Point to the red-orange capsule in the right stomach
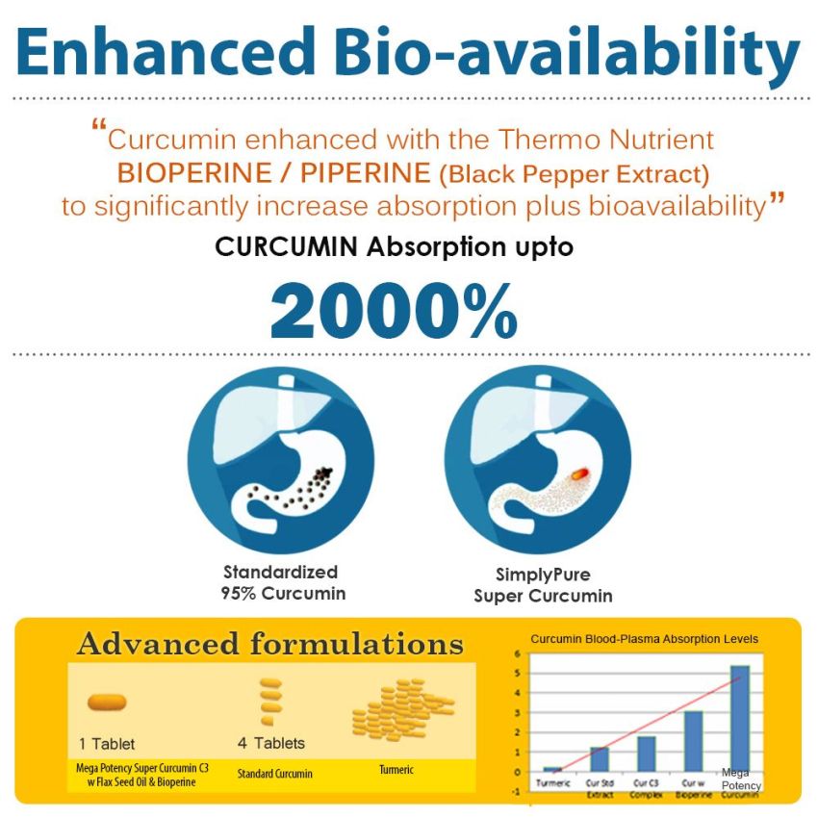[578, 473]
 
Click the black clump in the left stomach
[325, 473]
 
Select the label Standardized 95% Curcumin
[282, 582]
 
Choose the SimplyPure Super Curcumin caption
[543, 585]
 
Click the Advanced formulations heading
[269, 644]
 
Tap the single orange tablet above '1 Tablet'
[107, 703]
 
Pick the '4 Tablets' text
[270, 743]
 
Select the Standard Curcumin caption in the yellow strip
[274, 773]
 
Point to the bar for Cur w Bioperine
[693, 741]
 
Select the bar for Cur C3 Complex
[647, 754]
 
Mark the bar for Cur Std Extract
[599, 759]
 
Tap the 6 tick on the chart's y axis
[517, 653]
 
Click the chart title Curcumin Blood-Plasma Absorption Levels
[644, 638]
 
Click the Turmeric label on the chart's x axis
[551, 783]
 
